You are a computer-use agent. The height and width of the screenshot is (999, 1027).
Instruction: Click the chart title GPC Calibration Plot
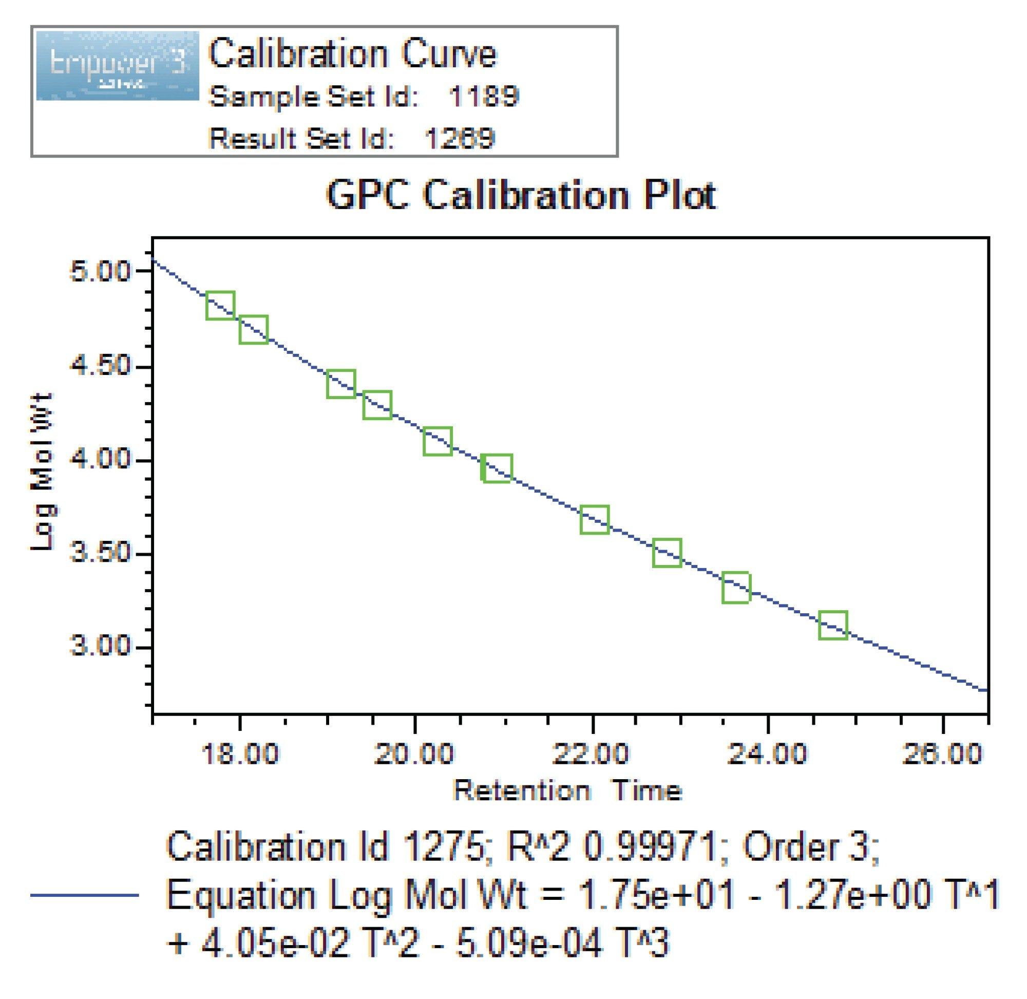click(520, 195)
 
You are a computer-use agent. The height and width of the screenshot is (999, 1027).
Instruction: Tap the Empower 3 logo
click(118, 66)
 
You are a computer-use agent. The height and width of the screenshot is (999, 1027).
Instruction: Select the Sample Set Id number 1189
click(484, 97)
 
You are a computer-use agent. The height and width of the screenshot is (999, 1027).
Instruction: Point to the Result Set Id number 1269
click(459, 139)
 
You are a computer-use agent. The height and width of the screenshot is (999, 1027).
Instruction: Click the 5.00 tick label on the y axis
click(100, 272)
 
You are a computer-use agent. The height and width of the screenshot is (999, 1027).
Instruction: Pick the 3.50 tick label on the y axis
click(100, 554)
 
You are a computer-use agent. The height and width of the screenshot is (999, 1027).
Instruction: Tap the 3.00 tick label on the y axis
click(100, 647)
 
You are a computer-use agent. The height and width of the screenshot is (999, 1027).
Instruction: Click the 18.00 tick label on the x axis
click(240, 755)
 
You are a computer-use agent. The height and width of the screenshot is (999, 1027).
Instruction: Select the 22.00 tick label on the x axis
click(591, 755)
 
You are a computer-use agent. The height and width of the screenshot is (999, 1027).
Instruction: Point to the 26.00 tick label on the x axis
click(942, 755)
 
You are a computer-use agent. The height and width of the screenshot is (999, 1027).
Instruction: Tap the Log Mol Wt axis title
click(43, 471)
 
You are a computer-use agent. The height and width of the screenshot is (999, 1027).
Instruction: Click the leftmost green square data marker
click(220, 306)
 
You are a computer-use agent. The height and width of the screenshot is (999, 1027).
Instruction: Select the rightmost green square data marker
click(833, 625)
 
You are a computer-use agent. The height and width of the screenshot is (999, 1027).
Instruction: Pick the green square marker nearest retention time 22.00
click(594, 519)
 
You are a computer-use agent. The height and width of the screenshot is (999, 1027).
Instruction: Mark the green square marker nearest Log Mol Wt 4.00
click(497, 467)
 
